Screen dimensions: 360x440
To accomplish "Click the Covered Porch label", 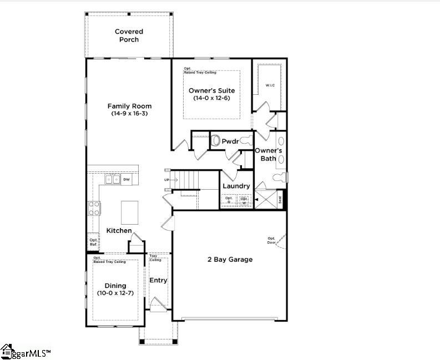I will coord(129,36).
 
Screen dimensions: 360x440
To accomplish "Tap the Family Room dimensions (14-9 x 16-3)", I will coord(129,114).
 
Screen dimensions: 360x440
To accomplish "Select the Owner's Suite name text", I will coord(211,90).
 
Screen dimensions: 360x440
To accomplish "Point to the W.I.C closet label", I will coord(270,85).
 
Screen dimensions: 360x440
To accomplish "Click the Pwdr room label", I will coord(230,141).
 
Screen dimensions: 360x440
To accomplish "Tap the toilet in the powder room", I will coord(215,141).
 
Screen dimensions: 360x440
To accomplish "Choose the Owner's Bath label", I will coord(269,154).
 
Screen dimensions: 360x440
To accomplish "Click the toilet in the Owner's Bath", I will coord(281,178).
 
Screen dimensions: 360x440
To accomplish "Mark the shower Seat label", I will coord(280,199).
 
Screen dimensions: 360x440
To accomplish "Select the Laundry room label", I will coord(236,186).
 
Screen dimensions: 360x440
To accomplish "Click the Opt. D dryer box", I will coord(229,199).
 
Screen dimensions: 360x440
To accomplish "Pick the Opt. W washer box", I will coord(244,199).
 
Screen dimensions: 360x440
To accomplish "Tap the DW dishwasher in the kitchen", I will coord(127,179).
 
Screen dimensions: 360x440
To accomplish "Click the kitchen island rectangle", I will coord(130,211).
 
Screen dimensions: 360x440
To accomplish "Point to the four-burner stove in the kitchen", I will coord(94,208).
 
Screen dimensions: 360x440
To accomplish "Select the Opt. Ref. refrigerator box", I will coord(93,242).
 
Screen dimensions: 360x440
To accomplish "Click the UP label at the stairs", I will coord(166,180).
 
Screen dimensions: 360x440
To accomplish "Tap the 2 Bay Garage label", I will coord(230,259).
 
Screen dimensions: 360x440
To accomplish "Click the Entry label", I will coord(158,280).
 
